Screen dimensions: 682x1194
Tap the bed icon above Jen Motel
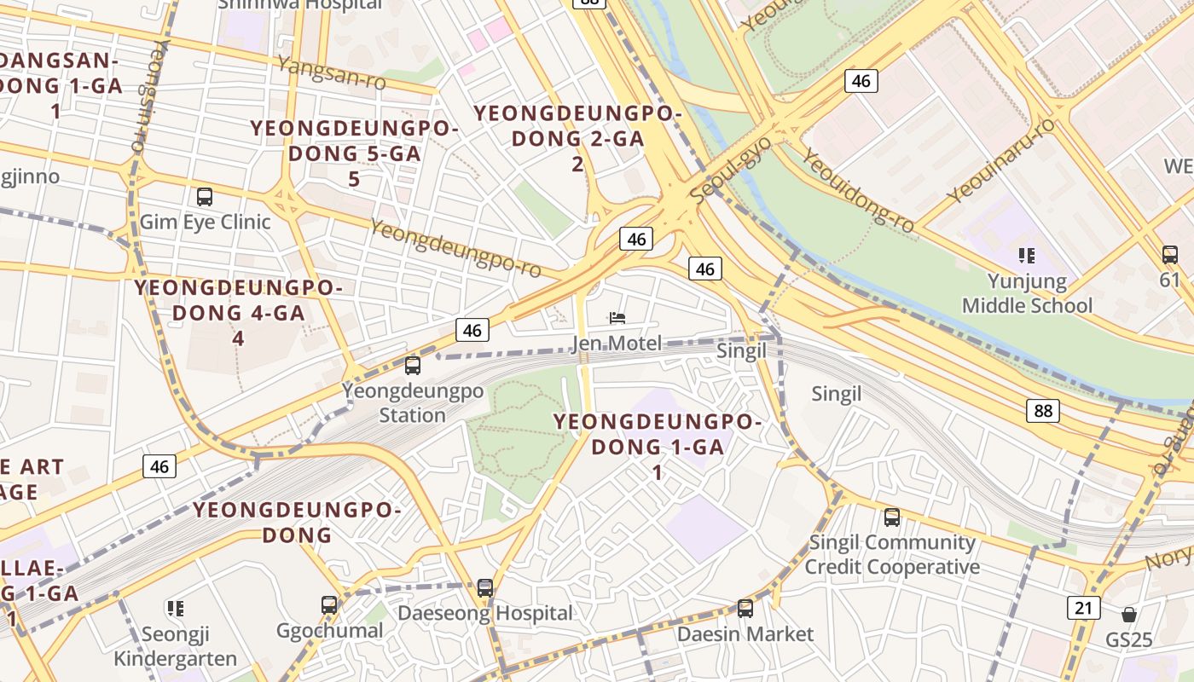pos(618,318)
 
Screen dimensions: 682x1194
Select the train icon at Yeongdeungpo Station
pos(413,366)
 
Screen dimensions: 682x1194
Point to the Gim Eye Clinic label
pos(205,222)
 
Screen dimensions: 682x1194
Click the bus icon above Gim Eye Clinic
pos(205,197)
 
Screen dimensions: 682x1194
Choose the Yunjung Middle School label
pos(1027,293)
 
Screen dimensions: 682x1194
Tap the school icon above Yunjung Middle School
pos(1027,255)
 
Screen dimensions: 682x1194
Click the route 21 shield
pos(1083,608)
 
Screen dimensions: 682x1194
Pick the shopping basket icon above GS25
pos(1129,615)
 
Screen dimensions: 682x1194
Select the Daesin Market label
pos(745,634)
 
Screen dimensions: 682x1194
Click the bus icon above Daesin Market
pos(745,608)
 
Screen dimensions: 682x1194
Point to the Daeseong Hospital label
pos(485,613)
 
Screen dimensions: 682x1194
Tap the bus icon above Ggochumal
pos(329,605)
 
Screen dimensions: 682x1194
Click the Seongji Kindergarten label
pos(176,646)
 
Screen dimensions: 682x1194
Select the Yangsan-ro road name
pos(332,72)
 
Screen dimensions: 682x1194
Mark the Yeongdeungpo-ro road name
pos(456,248)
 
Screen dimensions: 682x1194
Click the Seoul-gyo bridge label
pos(731,169)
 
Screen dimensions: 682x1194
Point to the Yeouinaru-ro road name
pos(1000,159)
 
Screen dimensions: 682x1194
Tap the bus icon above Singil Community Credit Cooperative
pos(892,517)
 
